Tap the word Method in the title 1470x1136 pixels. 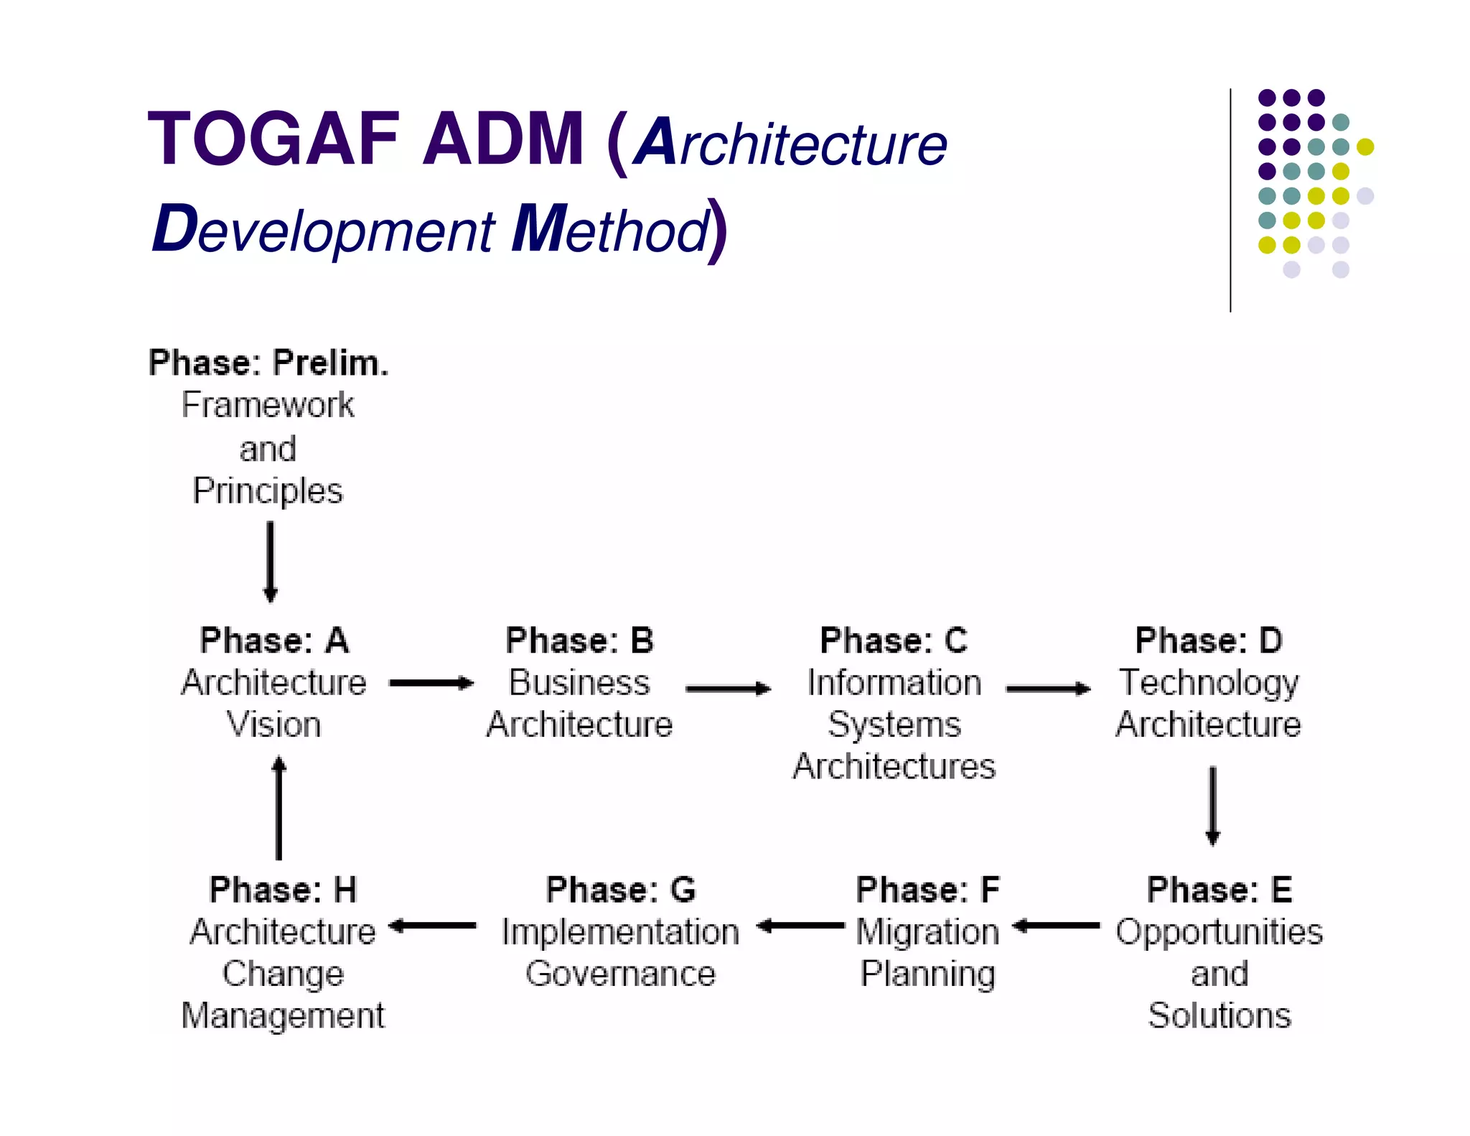[611, 230]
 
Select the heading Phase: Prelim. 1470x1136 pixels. [268, 363]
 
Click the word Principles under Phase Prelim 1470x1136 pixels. [268, 491]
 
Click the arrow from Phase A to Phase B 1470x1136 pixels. [431, 683]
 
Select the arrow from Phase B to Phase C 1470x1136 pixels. [728, 689]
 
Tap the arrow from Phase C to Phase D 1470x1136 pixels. [1048, 689]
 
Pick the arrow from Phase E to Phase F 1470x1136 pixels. [1056, 926]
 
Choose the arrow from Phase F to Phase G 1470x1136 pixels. [800, 926]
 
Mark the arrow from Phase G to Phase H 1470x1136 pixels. [432, 926]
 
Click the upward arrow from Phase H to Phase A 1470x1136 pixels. [279, 809]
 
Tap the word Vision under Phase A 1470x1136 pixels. [273, 724]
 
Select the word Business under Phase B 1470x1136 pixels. [579, 682]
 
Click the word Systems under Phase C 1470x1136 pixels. [894, 724]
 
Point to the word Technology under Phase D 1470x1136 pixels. [1209, 682]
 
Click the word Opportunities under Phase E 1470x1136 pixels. [1219, 932]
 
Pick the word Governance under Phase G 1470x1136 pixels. [620, 974]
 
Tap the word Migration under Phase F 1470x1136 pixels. [927, 932]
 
